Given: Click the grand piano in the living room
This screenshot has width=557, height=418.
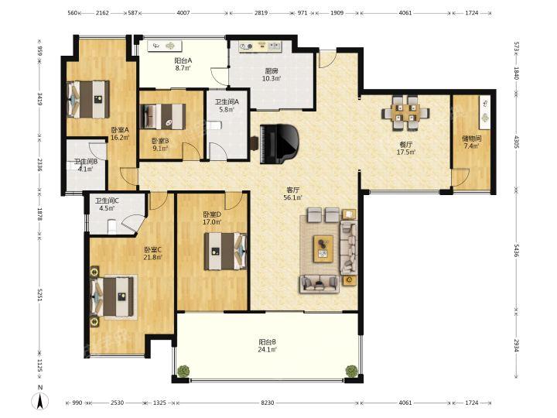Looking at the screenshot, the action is click(x=279, y=144).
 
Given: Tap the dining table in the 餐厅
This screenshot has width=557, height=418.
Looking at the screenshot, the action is click(x=405, y=112).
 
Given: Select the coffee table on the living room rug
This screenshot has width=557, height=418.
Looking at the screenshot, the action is click(x=323, y=248).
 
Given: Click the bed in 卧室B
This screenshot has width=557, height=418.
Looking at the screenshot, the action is click(x=163, y=116).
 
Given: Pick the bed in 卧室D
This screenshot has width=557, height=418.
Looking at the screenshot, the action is click(x=225, y=251).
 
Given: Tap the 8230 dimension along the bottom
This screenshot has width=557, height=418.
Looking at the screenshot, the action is click(x=268, y=403).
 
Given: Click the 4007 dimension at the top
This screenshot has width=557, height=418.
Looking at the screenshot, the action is click(x=183, y=13).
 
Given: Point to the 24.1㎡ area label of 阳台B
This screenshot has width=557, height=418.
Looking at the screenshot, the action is click(x=268, y=350).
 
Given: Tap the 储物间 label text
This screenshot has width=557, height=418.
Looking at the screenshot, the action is click(x=471, y=139).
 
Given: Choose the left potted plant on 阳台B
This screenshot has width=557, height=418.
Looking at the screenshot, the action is click(x=183, y=371).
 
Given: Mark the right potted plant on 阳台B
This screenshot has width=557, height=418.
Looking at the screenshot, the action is click(x=351, y=371).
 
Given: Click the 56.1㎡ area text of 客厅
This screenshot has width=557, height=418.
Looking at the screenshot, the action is click(x=293, y=197).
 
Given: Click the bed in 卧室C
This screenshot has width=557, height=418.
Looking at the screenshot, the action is click(x=114, y=296).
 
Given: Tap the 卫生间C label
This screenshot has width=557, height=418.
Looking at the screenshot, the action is click(x=107, y=200).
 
